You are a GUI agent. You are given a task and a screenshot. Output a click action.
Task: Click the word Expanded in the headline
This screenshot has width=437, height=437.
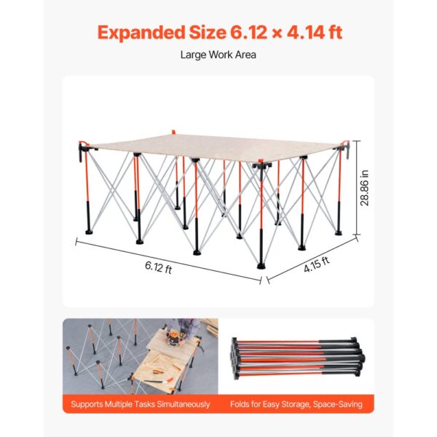click(141, 33)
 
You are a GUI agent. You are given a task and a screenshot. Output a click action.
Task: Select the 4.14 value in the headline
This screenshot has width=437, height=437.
click(306, 32)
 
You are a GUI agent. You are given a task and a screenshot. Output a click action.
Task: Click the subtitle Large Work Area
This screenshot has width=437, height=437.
click(219, 55)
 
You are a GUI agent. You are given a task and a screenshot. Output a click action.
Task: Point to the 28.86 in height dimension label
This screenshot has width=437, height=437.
click(365, 188)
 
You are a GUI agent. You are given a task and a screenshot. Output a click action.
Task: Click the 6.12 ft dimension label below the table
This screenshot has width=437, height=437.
click(158, 267)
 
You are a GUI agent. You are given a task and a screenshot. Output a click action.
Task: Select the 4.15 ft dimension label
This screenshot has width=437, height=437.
click(317, 264)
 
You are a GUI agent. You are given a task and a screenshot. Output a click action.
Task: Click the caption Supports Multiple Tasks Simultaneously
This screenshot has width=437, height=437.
click(140, 404)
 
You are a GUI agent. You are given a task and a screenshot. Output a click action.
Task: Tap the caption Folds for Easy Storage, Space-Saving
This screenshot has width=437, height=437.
click(296, 404)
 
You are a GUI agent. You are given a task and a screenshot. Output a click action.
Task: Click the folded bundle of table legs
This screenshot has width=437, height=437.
click(298, 358)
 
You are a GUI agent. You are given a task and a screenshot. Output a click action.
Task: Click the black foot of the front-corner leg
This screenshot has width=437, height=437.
click(261, 266)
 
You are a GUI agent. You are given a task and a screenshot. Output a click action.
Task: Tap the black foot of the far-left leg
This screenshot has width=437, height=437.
click(89, 232)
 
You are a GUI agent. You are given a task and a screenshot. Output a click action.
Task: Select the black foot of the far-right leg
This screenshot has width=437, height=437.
click(339, 232)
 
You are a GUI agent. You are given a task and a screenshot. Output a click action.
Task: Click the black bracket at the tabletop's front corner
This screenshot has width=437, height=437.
click(262, 165)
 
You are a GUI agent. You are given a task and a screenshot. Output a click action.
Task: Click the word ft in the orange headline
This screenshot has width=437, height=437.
click(335, 32)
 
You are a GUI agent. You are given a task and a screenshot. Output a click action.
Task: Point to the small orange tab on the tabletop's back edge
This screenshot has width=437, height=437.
click(173, 131)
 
